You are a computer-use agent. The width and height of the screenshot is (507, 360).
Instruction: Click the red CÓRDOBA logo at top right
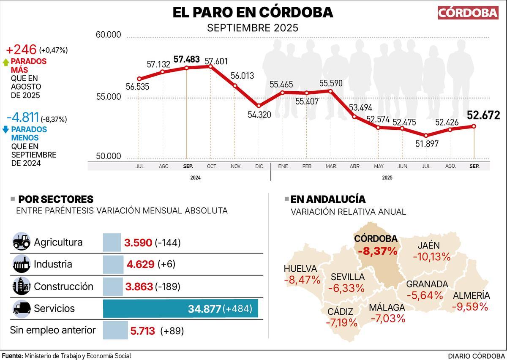pos(468,13)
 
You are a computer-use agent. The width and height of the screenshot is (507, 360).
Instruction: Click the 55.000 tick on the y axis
pos(109,97)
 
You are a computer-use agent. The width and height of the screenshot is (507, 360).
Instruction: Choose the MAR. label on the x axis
pos(331,166)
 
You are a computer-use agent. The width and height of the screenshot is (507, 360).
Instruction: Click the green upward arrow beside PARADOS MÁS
pos(5,62)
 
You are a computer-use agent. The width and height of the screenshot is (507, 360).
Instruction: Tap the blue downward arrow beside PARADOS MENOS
pos(5,130)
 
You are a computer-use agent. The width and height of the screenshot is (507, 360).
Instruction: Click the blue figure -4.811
pos(23,118)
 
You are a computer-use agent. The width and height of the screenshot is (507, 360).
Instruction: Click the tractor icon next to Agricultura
pos(21,242)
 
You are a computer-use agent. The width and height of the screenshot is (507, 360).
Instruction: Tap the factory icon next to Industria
pos(21,265)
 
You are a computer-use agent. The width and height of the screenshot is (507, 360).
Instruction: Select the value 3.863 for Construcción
pos(139,286)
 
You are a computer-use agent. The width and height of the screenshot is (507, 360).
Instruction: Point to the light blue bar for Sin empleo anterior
pos(115,330)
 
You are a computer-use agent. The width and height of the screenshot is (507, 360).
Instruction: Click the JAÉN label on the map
pos(428,245)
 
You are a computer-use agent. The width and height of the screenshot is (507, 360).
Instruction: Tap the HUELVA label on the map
pos(300,268)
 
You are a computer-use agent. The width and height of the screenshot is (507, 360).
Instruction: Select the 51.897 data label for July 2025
pos(427,144)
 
